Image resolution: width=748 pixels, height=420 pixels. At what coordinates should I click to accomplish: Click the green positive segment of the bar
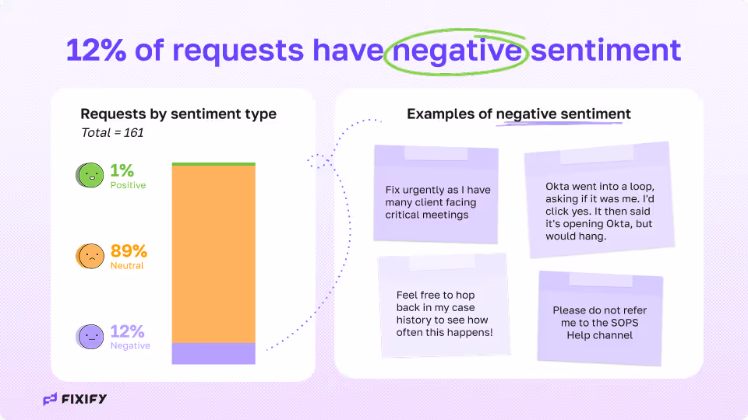point(213,164)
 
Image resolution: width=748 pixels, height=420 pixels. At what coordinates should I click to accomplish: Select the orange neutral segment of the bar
point(213,254)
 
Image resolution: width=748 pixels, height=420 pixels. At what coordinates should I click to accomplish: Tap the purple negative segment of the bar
point(213,353)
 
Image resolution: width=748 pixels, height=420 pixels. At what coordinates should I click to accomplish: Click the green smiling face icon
point(90,175)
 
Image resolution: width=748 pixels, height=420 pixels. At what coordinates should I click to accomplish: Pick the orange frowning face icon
point(90,256)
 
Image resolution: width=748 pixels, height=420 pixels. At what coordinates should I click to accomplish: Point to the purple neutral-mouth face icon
point(90,336)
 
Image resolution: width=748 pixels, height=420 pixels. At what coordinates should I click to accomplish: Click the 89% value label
point(129,251)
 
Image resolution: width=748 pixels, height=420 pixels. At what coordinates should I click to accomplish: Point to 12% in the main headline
point(96,51)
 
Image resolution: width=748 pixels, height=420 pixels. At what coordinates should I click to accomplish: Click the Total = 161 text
point(112,133)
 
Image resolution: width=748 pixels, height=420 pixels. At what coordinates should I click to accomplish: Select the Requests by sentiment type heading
point(178,114)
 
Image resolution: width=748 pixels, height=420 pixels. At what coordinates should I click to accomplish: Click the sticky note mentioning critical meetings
point(436,194)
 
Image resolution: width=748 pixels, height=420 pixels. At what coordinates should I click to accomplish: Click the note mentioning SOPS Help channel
point(600,317)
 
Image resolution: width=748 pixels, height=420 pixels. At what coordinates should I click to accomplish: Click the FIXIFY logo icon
point(50,400)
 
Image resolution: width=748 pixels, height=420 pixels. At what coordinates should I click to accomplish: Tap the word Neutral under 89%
point(127,266)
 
